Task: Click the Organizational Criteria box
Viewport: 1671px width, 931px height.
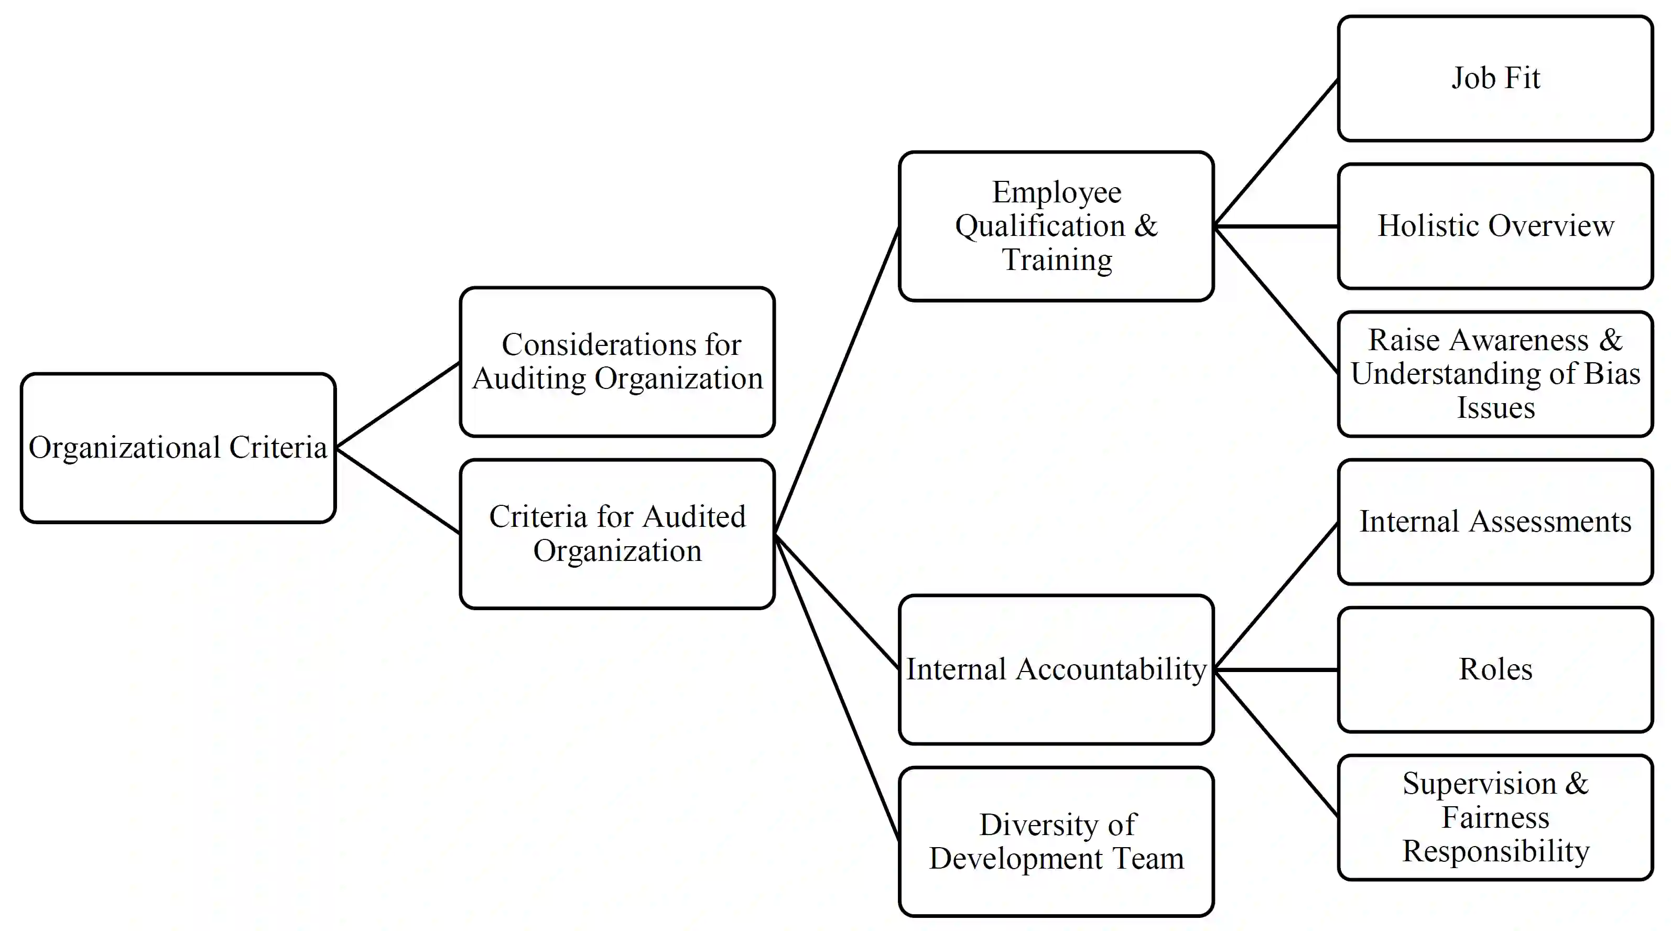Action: tap(178, 448)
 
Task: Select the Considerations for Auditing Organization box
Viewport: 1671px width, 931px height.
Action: tap(617, 361)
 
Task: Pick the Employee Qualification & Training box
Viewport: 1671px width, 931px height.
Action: tap(1056, 226)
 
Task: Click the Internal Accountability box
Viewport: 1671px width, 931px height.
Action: tap(1056, 669)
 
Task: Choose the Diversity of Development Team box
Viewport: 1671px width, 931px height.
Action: tap(1056, 841)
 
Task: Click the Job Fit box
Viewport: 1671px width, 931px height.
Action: tap(1495, 79)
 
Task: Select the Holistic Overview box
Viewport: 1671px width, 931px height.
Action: tap(1495, 226)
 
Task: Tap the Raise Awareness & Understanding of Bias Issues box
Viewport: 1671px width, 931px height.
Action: tap(1495, 374)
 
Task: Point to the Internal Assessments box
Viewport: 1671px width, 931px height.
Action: tap(1495, 522)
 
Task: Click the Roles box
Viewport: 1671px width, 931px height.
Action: tap(1495, 669)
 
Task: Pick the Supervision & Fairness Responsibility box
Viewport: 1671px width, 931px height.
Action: tap(1495, 817)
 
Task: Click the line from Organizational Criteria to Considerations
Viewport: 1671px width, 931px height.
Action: tap(398, 405)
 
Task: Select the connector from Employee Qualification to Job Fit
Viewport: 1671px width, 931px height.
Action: tap(1275, 153)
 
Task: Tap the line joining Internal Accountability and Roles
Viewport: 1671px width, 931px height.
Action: tap(1275, 669)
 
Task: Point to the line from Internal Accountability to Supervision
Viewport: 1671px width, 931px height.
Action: tap(1275, 742)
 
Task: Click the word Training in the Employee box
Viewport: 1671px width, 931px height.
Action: tap(1057, 260)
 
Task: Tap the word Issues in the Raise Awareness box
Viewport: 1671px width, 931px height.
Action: tap(1495, 408)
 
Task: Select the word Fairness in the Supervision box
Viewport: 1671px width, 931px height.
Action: tap(1495, 817)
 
